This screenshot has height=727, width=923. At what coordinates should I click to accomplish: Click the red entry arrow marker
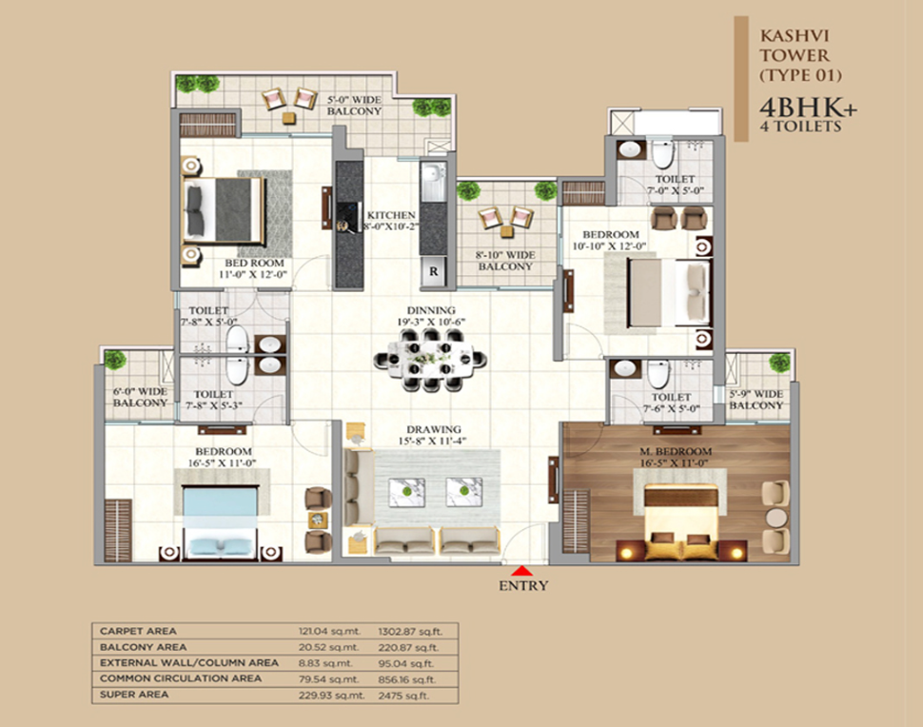point(522,571)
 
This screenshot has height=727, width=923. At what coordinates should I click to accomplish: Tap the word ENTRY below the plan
point(523,586)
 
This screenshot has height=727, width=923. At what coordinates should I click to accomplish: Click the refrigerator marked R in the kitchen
point(433,271)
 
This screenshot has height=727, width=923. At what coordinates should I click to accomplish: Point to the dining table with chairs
point(430,359)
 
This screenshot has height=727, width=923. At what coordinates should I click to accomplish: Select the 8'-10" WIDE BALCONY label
point(505,261)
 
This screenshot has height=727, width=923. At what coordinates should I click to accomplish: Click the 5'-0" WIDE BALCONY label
point(354,106)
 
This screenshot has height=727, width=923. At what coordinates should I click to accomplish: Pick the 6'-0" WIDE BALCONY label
point(140,398)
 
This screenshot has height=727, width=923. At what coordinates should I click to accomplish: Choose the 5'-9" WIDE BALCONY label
point(756,400)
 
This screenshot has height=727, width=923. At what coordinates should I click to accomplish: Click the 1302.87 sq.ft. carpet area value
point(410,631)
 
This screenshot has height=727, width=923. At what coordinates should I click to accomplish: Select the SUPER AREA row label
point(134,694)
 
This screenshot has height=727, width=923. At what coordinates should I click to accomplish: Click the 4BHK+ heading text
point(808,108)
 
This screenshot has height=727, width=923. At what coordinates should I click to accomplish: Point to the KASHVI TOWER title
point(795,46)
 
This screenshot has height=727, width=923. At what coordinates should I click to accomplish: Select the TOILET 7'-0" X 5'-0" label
point(676,185)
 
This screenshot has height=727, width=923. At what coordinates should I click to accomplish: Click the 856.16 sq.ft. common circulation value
point(406,678)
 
